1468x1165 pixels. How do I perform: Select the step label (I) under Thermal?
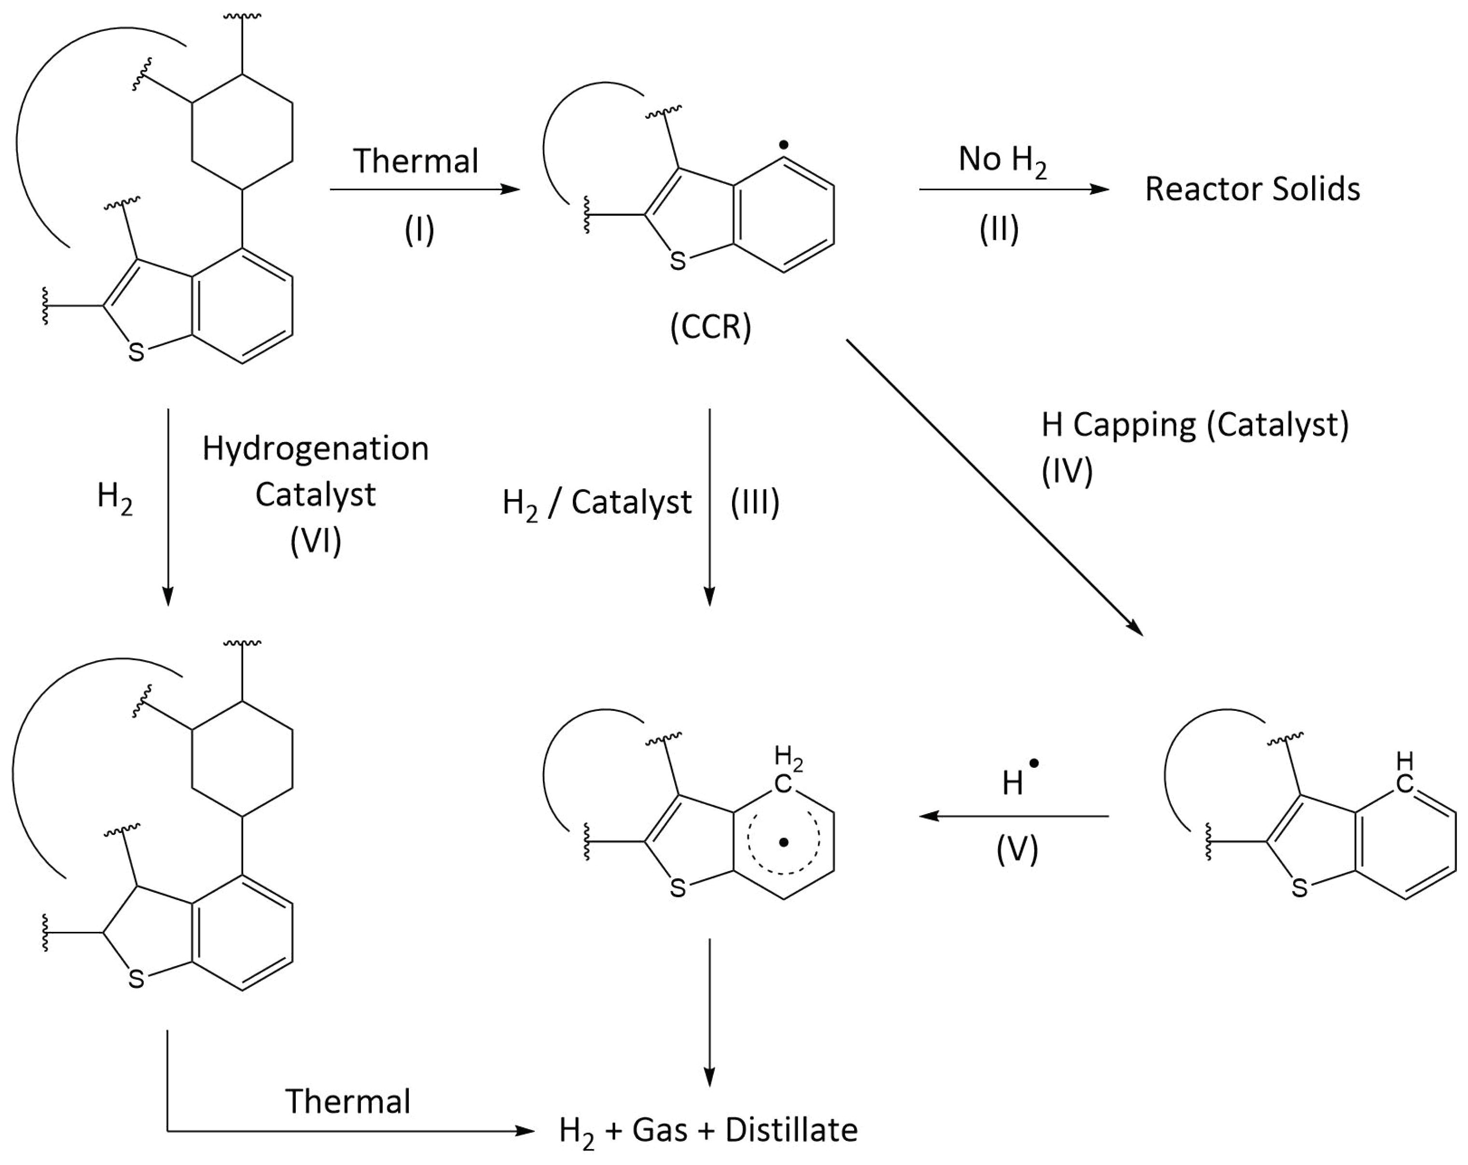(x=419, y=230)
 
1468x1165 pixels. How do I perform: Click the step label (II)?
(x=999, y=230)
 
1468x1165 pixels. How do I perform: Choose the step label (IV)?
(x=1066, y=471)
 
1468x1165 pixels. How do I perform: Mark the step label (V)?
(x=1017, y=849)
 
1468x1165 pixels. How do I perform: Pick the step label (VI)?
(x=315, y=542)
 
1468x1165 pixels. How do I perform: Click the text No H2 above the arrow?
(x=1002, y=160)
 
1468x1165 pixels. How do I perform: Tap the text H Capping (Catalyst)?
(x=1194, y=425)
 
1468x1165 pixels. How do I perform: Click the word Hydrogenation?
(x=315, y=449)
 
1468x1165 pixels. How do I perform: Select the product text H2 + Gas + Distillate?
(x=707, y=1130)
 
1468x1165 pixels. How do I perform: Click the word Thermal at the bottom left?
(x=347, y=1101)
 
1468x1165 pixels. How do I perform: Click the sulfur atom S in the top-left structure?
(x=136, y=352)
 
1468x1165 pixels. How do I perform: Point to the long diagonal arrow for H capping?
(x=994, y=487)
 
